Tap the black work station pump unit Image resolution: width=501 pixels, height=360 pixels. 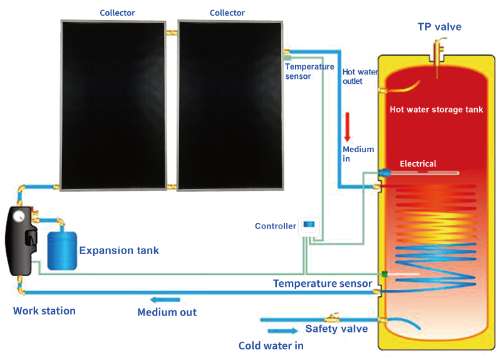pos(23,241)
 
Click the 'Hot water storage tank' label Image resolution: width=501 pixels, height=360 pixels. pos(436,110)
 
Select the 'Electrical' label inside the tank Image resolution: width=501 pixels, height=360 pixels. pos(418,164)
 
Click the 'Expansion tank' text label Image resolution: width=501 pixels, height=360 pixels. pos(119,250)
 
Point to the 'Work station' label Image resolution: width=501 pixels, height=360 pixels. pos(44,311)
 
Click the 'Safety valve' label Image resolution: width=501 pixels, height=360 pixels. pos(336,329)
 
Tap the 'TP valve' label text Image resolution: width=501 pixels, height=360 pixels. pos(439,26)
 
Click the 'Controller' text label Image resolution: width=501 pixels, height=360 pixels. pos(276,226)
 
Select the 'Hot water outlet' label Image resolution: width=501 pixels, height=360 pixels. pos(359,76)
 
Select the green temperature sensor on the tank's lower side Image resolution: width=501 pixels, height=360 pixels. pos(383,274)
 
